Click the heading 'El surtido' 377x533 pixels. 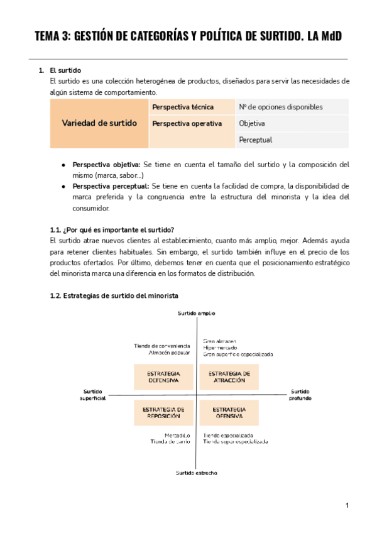(x=65, y=70)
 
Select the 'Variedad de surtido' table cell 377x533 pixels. (x=99, y=123)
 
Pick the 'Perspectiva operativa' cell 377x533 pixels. (x=187, y=123)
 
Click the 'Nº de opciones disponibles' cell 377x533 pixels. (x=280, y=107)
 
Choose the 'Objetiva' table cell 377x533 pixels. (x=252, y=123)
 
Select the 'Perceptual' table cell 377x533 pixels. (x=255, y=140)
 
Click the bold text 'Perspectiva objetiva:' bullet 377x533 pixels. (x=106, y=165)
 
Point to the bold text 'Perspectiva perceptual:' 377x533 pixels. (x=110, y=187)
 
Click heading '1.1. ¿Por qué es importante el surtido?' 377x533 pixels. (x=112, y=229)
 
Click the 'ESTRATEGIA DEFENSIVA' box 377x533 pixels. (x=163, y=376)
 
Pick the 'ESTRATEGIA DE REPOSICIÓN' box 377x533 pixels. (x=163, y=412)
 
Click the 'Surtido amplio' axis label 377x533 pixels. (x=197, y=312)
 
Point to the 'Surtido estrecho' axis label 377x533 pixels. (x=196, y=473)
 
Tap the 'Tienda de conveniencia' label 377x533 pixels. (x=161, y=346)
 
